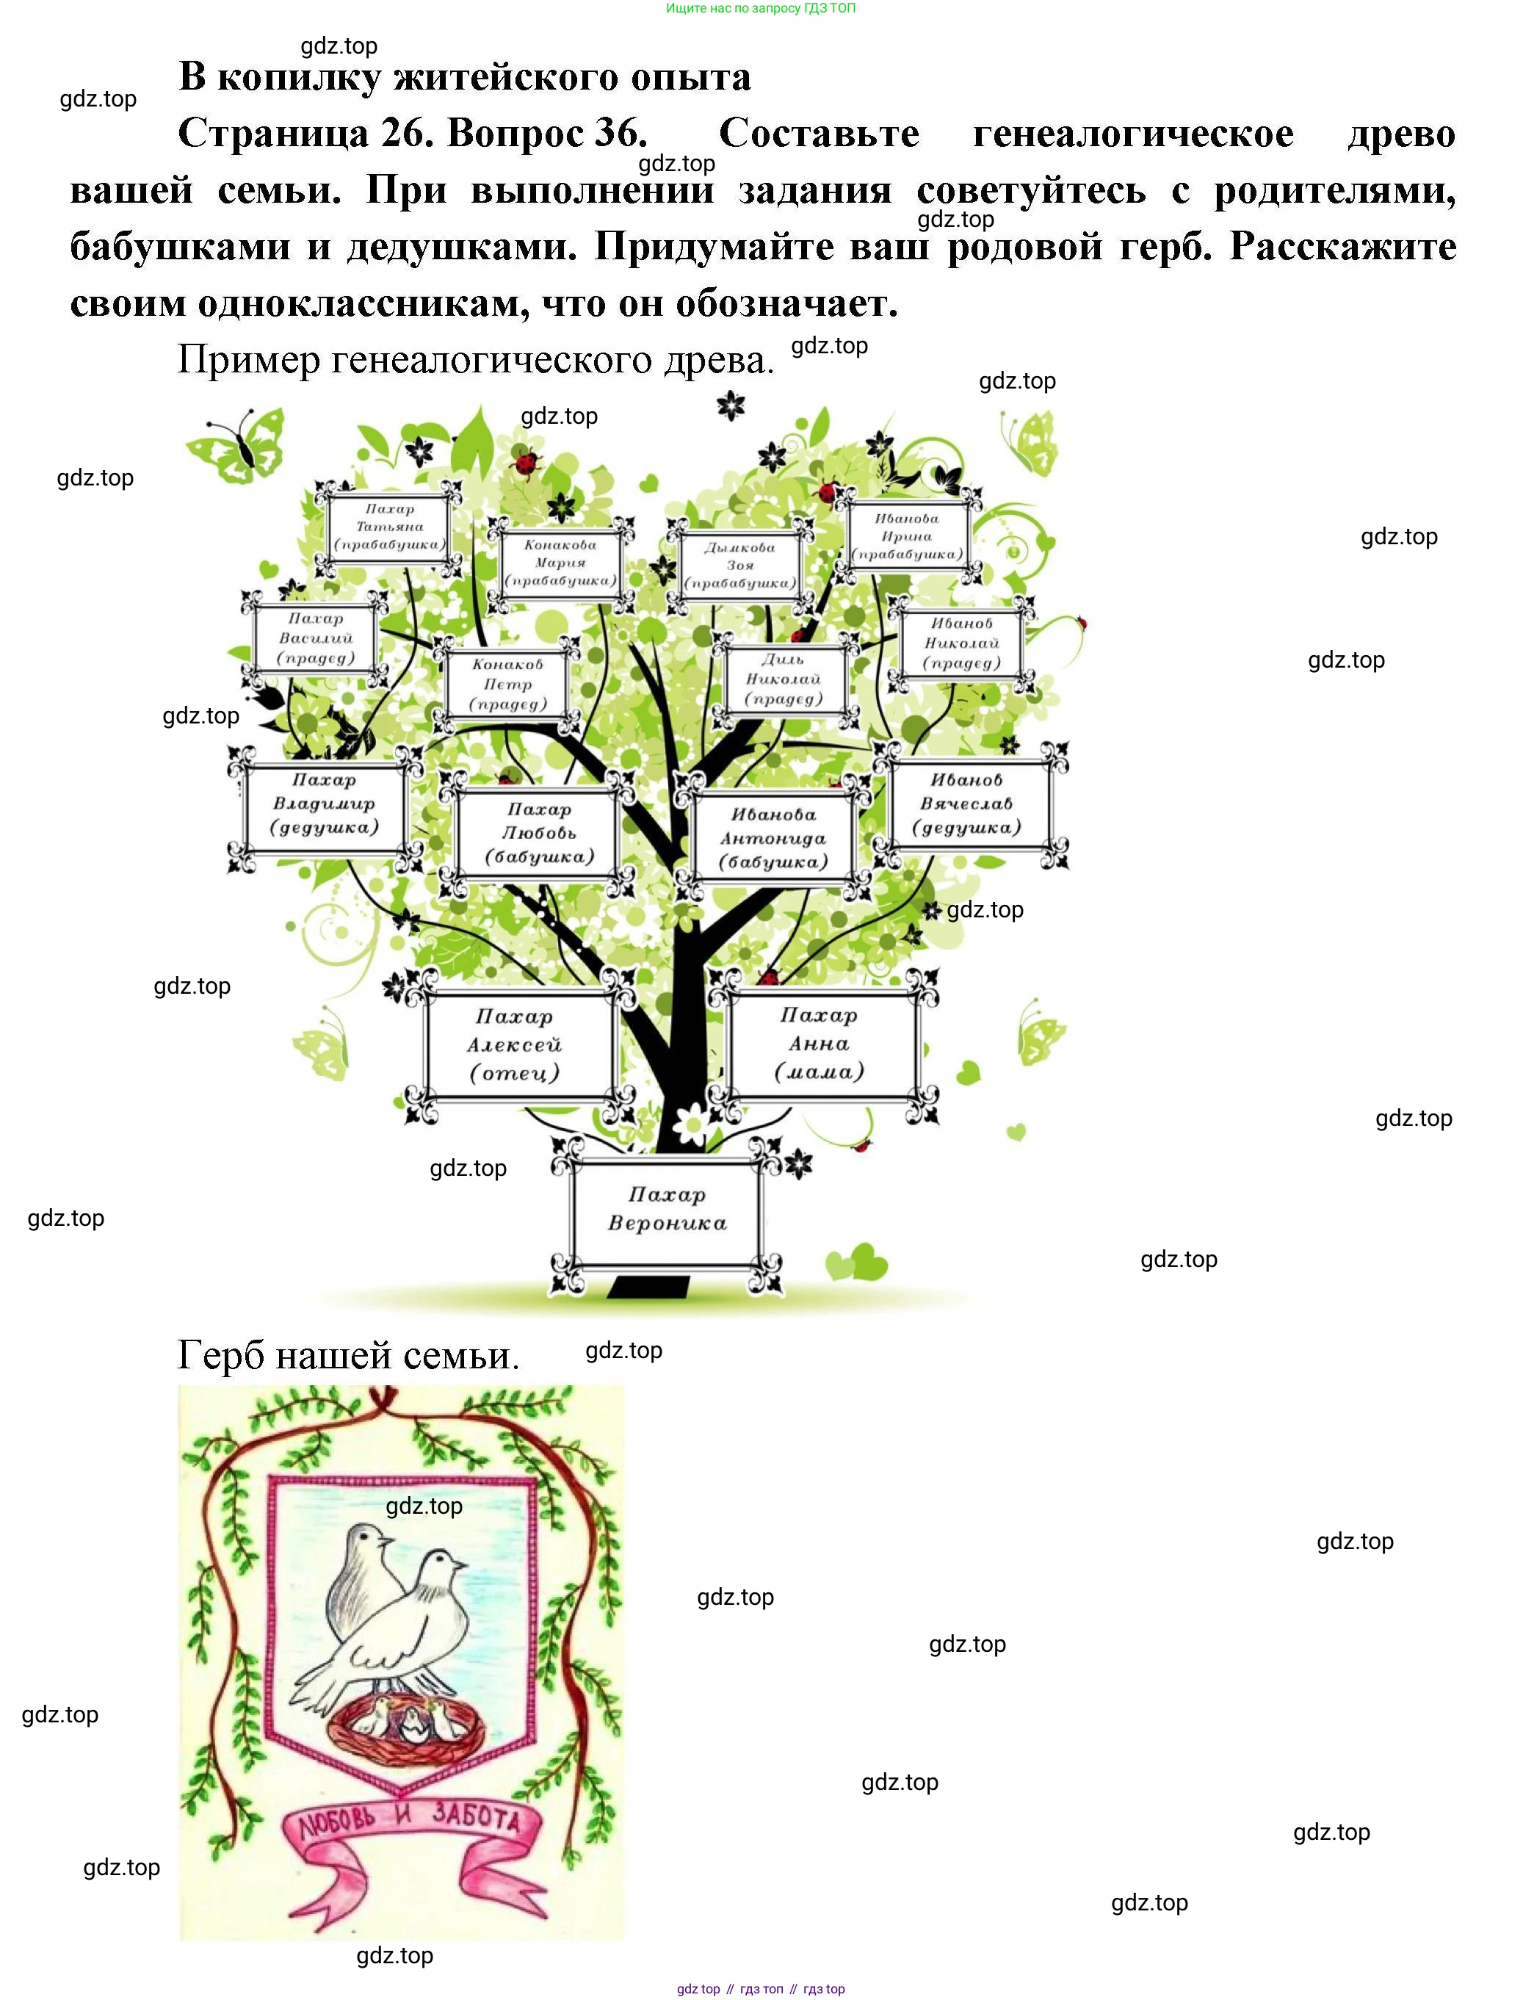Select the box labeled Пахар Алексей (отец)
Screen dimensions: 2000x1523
tap(514, 1044)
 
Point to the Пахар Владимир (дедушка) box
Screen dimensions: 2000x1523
tap(324, 804)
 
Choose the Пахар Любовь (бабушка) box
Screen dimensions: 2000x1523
tap(538, 833)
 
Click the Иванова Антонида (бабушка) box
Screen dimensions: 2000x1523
tap(773, 839)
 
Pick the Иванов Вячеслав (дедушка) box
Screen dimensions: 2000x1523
tap(966, 804)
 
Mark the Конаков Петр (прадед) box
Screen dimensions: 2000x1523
tap(507, 685)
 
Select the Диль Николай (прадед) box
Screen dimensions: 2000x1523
tap(784, 680)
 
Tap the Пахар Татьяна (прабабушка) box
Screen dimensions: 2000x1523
tap(390, 527)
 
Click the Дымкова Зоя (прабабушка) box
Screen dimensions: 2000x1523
tap(741, 565)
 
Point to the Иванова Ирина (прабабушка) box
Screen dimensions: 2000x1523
tap(907, 537)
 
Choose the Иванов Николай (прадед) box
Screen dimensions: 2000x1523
tap(962, 643)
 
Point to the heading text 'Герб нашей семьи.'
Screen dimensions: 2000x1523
tap(348, 1354)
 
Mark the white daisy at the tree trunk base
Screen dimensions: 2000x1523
tap(693, 1124)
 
